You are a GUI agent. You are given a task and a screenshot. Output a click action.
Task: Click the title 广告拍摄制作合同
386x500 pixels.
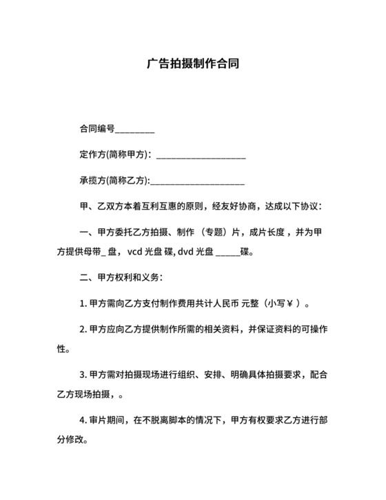click(193, 64)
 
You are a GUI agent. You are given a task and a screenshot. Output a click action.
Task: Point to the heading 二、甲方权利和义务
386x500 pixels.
click(121, 277)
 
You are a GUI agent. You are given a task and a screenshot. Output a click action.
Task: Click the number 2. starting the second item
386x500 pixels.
click(83, 329)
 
